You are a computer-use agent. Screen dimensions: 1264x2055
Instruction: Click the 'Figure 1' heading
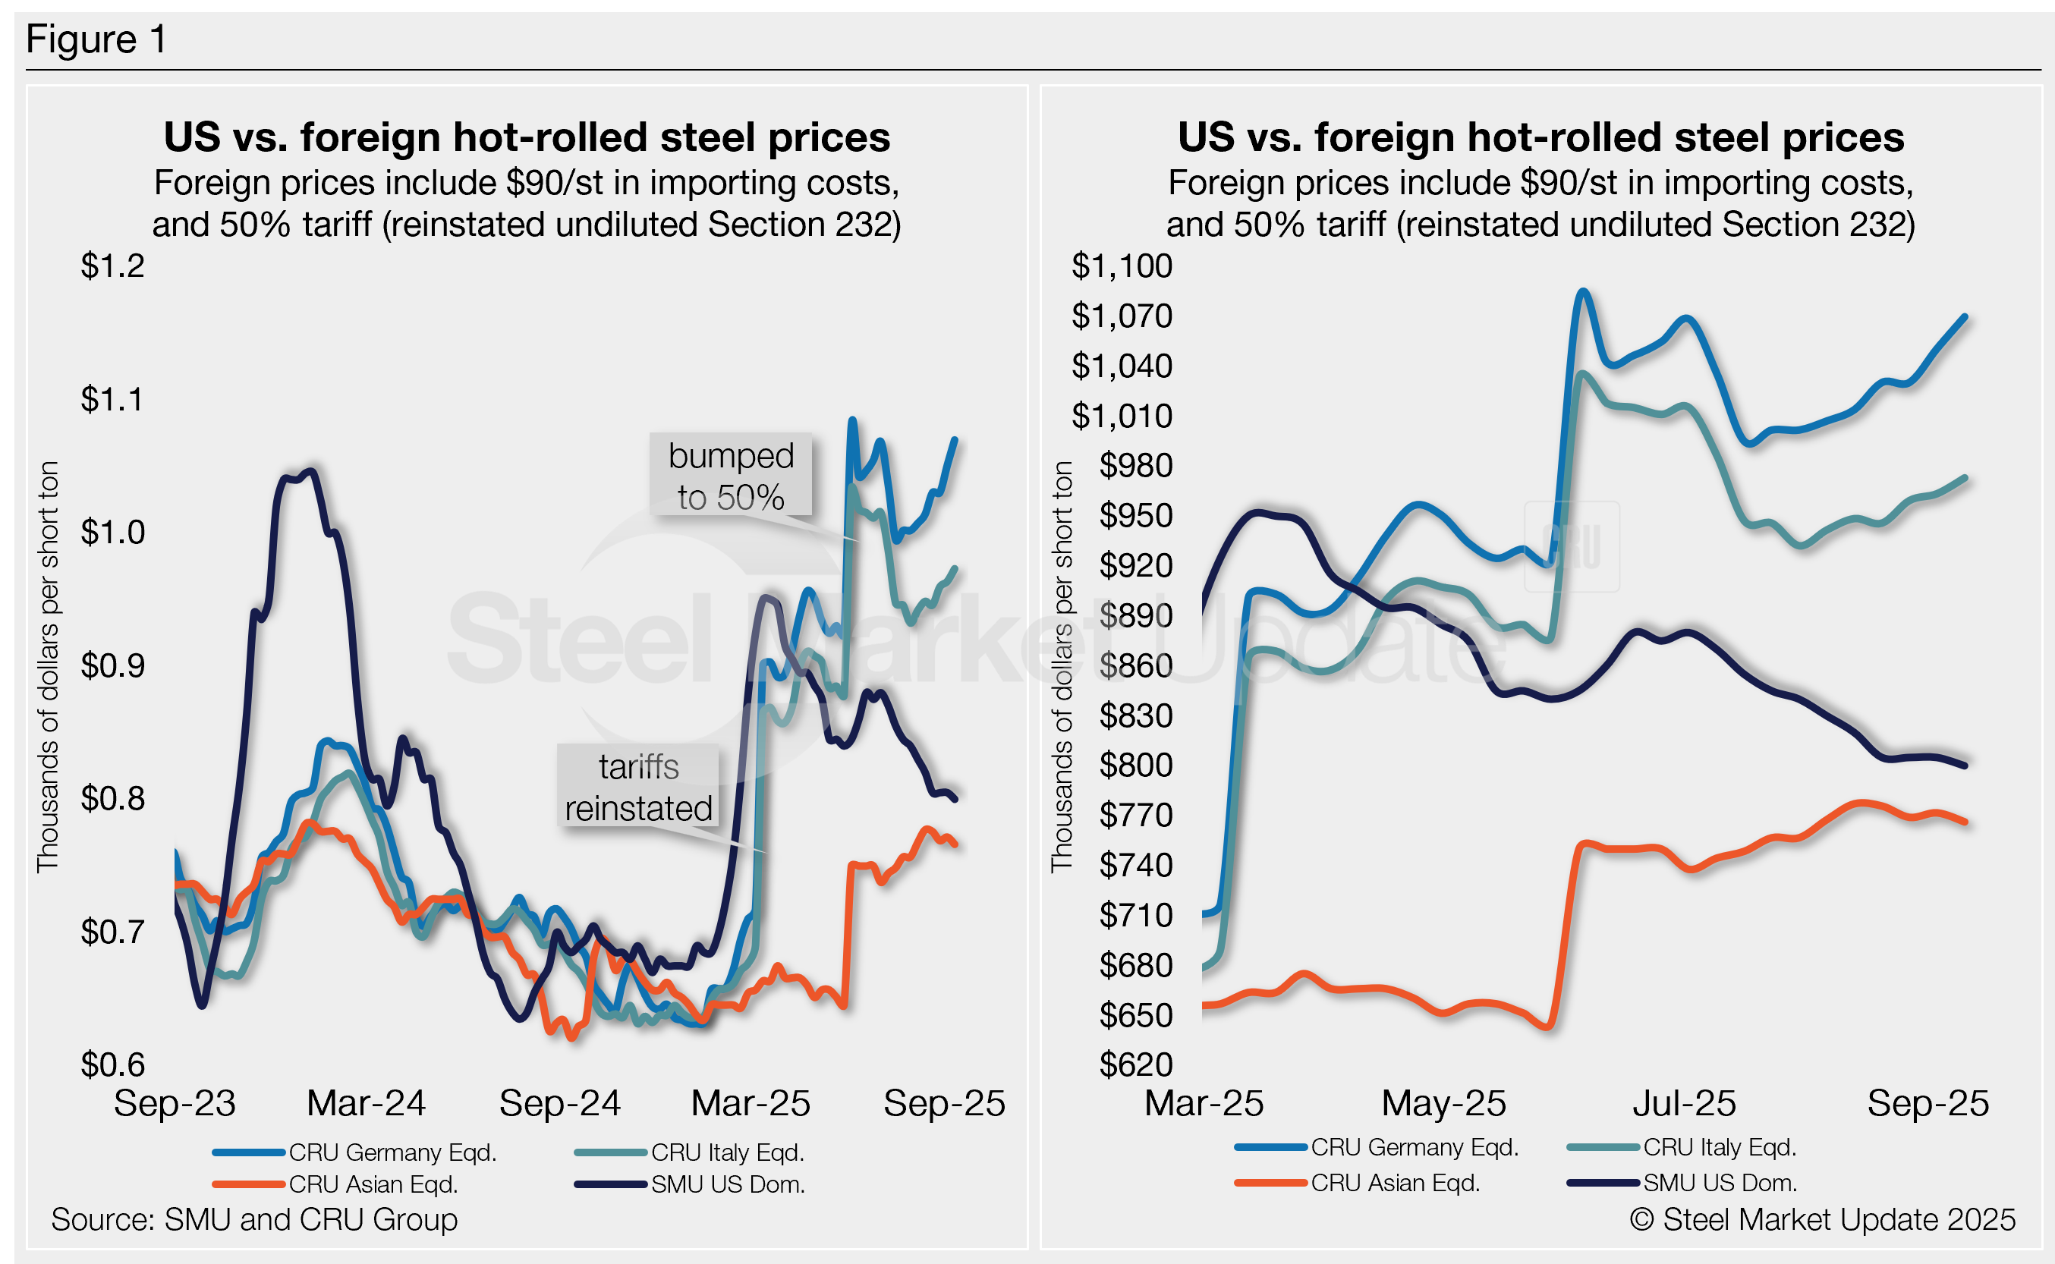click(x=96, y=39)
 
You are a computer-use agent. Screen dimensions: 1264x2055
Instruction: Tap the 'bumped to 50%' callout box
click(x=731, y=476)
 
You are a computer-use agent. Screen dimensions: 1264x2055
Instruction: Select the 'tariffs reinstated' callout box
click(x=639, y=787)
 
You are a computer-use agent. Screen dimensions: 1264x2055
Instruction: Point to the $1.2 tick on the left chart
click(x=113, y=266)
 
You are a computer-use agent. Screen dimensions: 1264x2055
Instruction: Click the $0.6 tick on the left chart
click(x=113, y=1064)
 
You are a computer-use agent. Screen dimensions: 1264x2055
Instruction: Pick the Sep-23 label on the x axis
click(x=175, y=1103)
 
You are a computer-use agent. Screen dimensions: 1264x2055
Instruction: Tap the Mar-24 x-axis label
click(x=367, y=1103)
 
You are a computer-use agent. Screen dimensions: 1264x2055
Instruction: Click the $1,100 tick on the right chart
click(x=1122, y=266)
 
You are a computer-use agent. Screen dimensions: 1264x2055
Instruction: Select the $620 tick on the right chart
click(x=1135, y=1064)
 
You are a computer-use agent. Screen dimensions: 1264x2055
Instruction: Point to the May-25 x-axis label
click(x=1444, y=1103)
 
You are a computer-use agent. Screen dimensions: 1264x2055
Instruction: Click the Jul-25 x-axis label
click(x=1685, y=1103)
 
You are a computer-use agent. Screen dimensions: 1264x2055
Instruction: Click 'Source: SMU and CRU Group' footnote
click(x=254, y=1220)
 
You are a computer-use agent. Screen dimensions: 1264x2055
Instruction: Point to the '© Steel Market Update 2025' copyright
click(x=1823, y=1220)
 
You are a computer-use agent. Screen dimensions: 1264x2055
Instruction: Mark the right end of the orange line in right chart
click(x=1965, y=822)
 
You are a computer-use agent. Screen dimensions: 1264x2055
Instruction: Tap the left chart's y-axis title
click(x=48, y=666)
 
